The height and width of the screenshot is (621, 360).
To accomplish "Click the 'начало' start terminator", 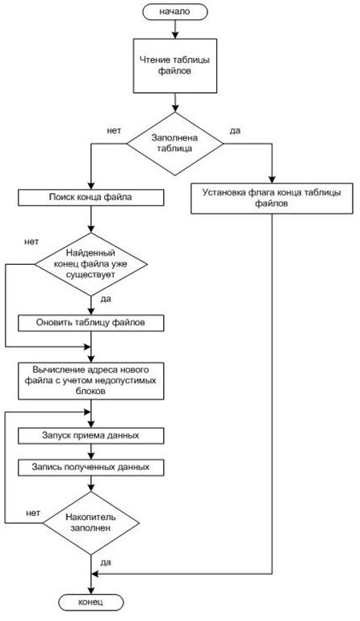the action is (174, 12).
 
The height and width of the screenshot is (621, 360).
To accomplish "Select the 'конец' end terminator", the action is (90, 602).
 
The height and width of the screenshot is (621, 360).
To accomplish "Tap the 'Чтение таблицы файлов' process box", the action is (174, 65).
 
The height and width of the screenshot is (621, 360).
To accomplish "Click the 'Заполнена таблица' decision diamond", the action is (174, 144).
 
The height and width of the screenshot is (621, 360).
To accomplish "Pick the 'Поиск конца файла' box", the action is (90, 197).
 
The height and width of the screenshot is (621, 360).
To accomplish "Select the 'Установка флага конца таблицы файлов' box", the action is (272, 199).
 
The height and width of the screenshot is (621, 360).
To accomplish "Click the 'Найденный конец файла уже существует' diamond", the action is (90, 264).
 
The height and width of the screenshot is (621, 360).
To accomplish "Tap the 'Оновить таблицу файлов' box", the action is (90, 323).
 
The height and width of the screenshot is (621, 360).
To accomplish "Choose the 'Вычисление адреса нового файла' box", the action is (90, 380).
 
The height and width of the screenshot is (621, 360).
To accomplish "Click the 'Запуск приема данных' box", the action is (90, 435).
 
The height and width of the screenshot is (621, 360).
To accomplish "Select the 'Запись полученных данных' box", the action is (90, 468).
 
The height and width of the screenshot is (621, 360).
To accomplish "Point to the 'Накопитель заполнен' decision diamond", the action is (90, 522).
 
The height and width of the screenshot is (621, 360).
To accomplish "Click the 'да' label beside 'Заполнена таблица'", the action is (235, 131).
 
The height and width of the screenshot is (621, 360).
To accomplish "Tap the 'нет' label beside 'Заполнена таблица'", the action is (114, 131).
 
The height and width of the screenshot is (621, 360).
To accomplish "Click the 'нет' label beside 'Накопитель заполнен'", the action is (33, 514).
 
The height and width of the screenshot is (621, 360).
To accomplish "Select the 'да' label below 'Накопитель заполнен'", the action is (106, 562).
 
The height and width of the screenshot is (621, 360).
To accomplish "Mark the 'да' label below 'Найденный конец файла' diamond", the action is (106, 299).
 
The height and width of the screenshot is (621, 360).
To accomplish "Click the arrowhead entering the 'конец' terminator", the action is (91, 591).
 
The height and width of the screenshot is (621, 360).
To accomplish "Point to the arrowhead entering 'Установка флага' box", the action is (272, 179).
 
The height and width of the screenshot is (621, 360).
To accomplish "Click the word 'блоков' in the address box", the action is (90, 391).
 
